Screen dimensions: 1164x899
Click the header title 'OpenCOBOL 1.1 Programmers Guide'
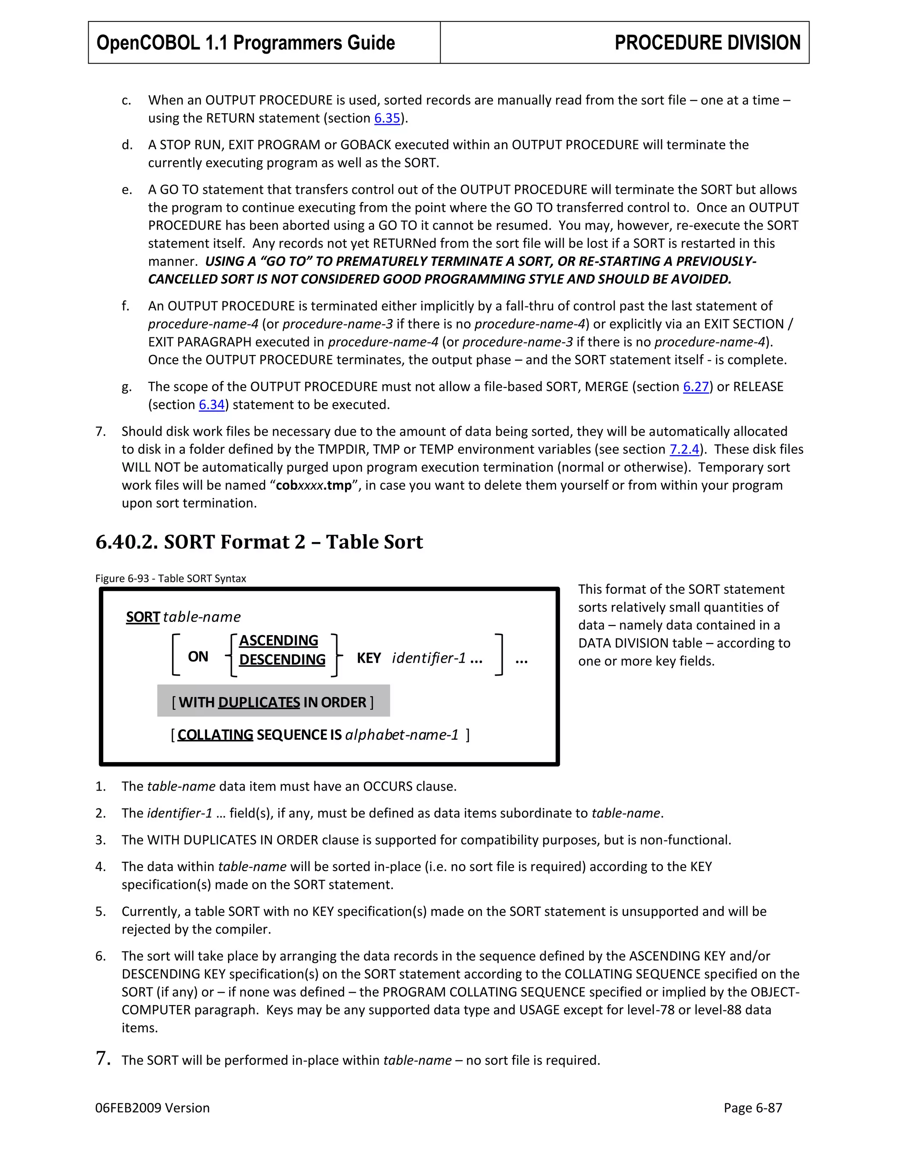click(245, 43)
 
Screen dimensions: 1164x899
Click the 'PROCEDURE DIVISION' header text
click(707, 43)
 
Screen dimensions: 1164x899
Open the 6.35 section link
click(387, 118)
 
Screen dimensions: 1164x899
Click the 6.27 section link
click(696, 387)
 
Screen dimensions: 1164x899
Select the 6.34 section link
click(212, 405)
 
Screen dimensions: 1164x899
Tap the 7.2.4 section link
click(684, 450)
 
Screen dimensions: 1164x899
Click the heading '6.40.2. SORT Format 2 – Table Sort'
click(259, 542)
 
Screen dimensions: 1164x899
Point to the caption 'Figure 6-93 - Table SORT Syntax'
click(170, 579)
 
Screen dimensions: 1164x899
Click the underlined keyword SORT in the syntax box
click(143, 617)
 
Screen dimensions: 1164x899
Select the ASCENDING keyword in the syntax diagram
click(279, 640)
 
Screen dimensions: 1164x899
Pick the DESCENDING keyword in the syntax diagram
click(282, 660)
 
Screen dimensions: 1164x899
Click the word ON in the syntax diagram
click(198, 657)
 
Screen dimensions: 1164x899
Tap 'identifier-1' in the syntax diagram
click(429, 658)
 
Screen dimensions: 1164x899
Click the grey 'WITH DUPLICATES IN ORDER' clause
click(273, 702)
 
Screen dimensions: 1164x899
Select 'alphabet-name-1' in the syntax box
click(402, 735)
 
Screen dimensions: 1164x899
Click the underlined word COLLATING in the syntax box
click(215, 735)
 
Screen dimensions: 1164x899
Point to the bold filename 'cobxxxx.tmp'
click(314, 485)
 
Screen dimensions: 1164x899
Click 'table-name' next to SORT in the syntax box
click(202, 617)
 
